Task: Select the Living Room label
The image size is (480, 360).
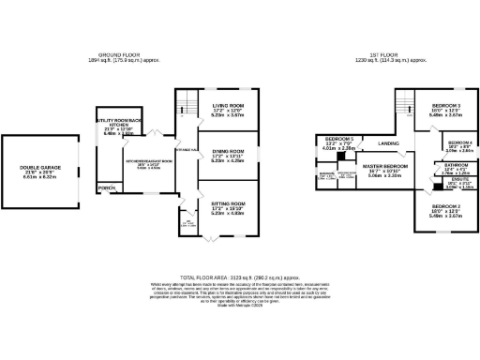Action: (228, 106)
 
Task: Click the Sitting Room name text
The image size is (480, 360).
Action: (228, 202)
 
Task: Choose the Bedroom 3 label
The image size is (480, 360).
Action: (445, 105)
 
